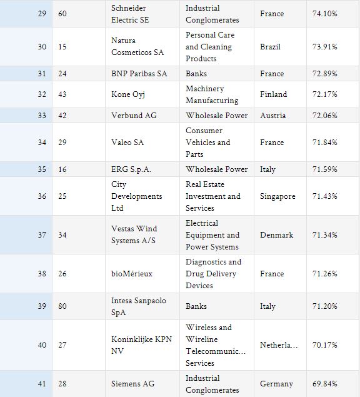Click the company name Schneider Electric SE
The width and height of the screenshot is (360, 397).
click(130, 14)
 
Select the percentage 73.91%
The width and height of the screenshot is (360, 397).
click(325, 47)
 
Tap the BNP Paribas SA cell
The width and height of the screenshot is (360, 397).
click(139, 74)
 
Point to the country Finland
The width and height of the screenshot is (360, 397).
click(273, 94)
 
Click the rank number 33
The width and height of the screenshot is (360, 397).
click(42, 116)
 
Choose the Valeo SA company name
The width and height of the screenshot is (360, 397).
click(127, 143)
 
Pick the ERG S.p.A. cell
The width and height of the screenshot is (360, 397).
click(131, 169)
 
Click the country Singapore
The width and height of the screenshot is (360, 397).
click(277, 196)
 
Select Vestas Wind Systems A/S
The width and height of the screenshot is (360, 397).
click(134, 234)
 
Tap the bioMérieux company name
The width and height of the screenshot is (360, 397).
click(132, 274)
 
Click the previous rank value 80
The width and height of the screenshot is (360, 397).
click(62, 306)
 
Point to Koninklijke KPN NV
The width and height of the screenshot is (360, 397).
click(141, 345)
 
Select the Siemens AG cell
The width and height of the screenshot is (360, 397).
click(133, 384)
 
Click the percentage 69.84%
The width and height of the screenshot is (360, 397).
click(325, 384)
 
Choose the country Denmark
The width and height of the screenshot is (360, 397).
click(277, 235)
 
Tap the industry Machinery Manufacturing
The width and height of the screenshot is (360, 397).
click(212, 94)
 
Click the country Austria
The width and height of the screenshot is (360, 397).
click(273, 116)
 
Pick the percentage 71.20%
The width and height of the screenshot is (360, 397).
click(325, 306)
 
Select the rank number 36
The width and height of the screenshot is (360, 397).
click(42, 196)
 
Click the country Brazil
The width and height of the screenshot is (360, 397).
click(271, 47)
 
